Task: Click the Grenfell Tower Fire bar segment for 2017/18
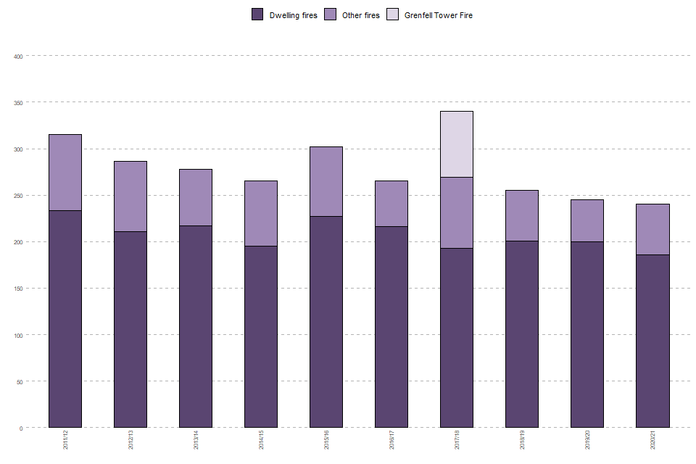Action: pyautogui.click(x=457, y=144)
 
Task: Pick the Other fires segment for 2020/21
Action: pyautogui.click(x=652, y=229)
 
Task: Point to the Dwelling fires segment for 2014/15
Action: pyautogui.click(x=261, y=336)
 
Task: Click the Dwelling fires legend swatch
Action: pyautogui.click(x=257, y=14)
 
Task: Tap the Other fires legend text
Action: pyautogui.click(x=360, y=15)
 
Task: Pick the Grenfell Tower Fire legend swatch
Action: pyautogui.click(x=392, y=14)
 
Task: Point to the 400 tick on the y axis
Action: pyautogui.click(x=19, y=57)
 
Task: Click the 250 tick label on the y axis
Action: pyautogui.click(x=19, y=196)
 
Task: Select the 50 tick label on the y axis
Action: pyautogui.click(x=20, y=381)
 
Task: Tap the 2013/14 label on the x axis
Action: pyautogui.click(x=196, y=440)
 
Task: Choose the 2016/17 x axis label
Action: pyautogui.click(x=392, y=440)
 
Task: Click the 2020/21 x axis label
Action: pyautogui.click(x=653, y=440)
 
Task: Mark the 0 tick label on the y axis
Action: pyautogui.click(x=22, y=428)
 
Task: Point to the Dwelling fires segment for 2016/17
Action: pyautogui.click(x=391, y=327)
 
